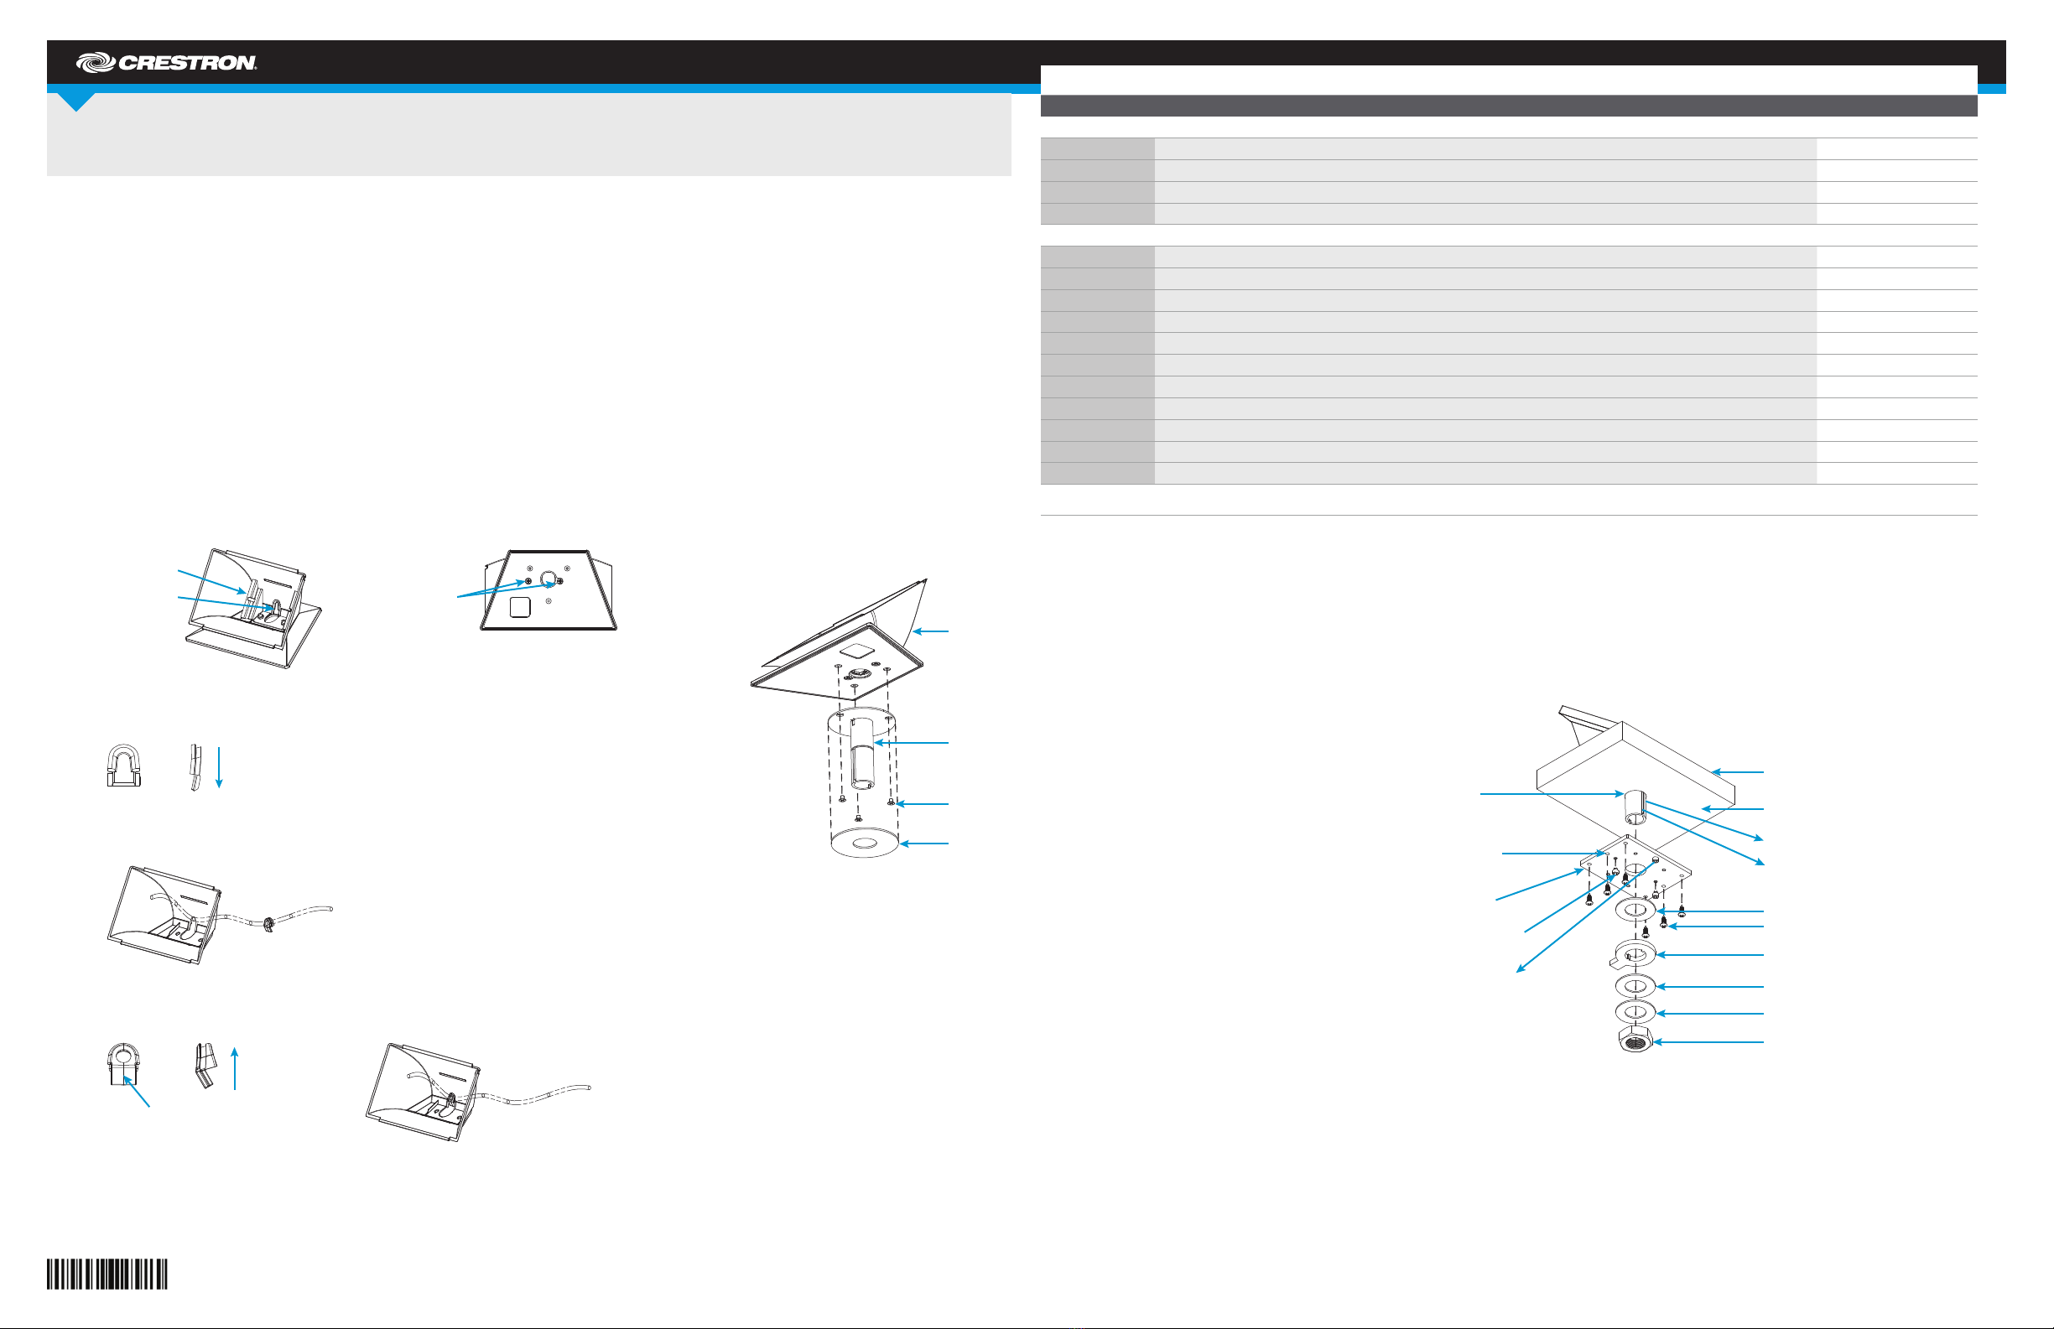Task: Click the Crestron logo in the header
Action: click(x=166, y=62)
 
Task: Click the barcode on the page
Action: click(x=107, y=1274)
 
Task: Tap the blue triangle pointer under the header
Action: click(x=77, y=101)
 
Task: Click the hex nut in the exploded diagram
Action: click(x=1634, y=1040)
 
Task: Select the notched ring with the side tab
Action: click(x=1633, y=953)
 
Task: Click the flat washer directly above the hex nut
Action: click(x=1635, y=1011)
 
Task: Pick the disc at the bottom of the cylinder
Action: click(x=864, y=843)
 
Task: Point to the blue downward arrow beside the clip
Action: click(x=219, y=766)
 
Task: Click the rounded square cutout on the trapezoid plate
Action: click(x=519, y=608)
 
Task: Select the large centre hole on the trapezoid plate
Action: click(x=547, y=578)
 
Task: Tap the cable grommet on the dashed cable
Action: click(x=268, y=926)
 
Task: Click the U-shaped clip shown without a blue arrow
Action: click(x=122, y=765)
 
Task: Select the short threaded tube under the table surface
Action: click(x=1635, y=807)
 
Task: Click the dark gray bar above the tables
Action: click(x=1509, y=106)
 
